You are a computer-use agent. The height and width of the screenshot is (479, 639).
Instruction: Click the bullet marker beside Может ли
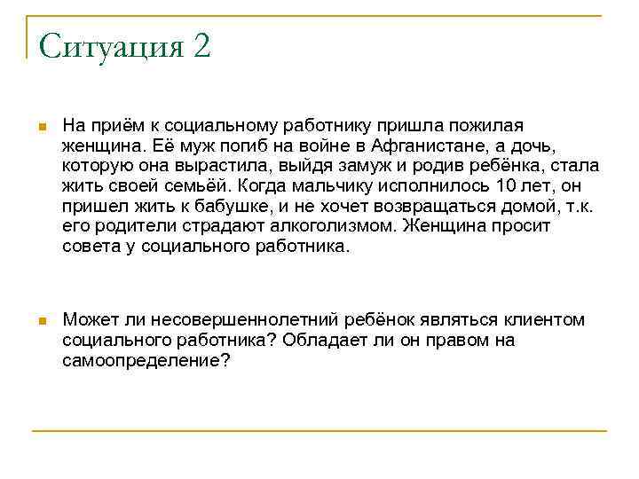42,320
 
